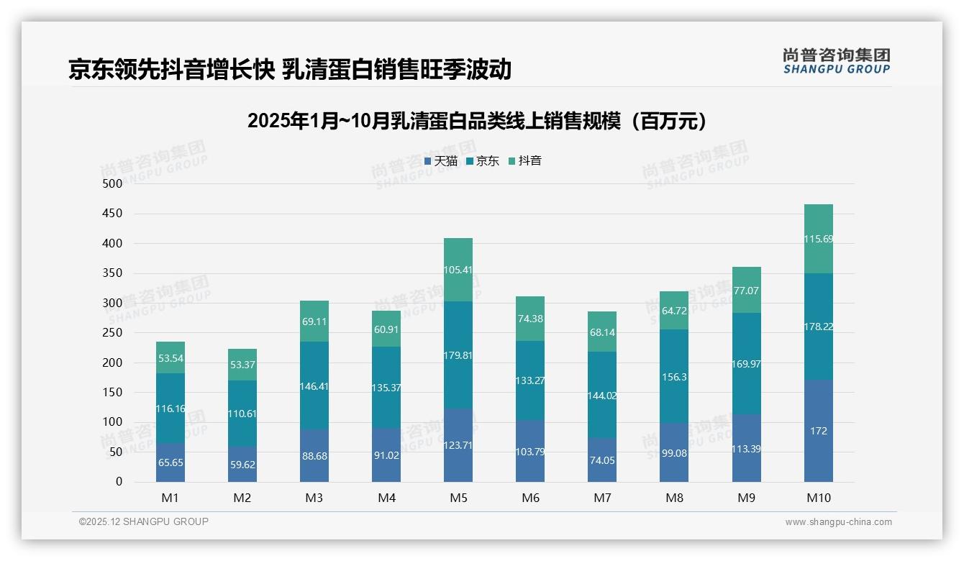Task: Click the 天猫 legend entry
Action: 441,161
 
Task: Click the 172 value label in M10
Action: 819,432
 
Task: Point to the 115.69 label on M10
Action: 819,239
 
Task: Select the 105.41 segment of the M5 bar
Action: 458,270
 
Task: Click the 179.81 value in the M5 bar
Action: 458,355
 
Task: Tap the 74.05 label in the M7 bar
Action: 602,461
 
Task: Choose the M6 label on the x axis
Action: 530,498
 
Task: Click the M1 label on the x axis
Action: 170,498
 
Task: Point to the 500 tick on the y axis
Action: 113,183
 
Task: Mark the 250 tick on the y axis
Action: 113,332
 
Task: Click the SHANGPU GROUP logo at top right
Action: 836,61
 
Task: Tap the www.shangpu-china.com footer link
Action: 838,522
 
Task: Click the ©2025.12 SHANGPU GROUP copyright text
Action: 144,522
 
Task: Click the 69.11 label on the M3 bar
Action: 314,321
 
